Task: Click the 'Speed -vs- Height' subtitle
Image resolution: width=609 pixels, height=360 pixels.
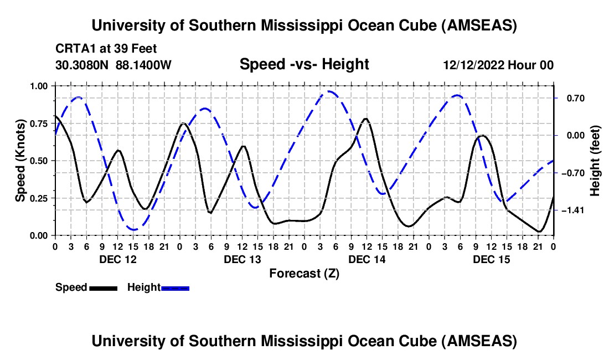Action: click(304, 64)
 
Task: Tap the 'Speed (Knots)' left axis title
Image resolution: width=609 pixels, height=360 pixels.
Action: click(20, 161)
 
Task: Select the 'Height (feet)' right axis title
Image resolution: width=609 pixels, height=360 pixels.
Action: click(595, 161)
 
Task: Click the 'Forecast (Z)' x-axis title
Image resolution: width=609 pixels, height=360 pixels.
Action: click(304, 273)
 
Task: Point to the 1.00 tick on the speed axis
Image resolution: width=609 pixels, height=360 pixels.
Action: click(38, 86)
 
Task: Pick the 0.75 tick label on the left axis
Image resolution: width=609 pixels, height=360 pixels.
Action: click(38, 124)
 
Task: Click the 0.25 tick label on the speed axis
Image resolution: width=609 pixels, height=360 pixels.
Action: click(38, 198)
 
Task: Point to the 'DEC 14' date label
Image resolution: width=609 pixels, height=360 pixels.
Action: click(366, 259)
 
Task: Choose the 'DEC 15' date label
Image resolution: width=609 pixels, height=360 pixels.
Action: click(491, 259)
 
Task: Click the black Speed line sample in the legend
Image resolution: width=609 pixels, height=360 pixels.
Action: click(103, 287)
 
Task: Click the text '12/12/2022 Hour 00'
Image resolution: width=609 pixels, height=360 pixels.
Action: click(498, 65)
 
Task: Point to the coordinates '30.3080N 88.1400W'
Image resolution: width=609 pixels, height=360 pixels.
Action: click(113, 65)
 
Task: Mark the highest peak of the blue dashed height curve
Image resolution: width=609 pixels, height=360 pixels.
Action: click(331, 91)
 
